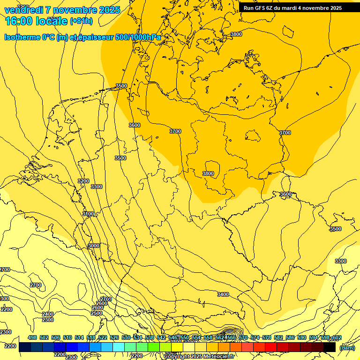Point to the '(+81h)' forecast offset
coord(81,21)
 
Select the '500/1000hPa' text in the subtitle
coord(141,37)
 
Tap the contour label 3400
coord(223,294)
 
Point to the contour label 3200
coord(83,181)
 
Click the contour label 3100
coord(88,214)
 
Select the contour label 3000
coord(94,246)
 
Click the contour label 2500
coord(97,313)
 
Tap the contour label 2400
coord(48,314)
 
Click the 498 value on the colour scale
coord(32,337)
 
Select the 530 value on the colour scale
coord(126,337)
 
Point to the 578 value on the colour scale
coord(267,337)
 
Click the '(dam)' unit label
coord(347,347)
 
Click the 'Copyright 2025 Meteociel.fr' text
coord(206,356)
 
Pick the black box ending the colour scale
coord(330,347)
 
